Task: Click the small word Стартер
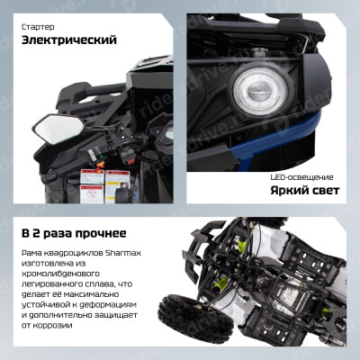[38, 27]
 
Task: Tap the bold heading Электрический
[69, 40]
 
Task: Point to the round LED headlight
[260, 90]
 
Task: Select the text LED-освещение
[301, 177]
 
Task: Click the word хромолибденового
[60, 274]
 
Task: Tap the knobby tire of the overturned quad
[195, 319]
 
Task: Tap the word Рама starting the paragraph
[31, 253]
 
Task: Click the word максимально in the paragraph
[91, 294]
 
